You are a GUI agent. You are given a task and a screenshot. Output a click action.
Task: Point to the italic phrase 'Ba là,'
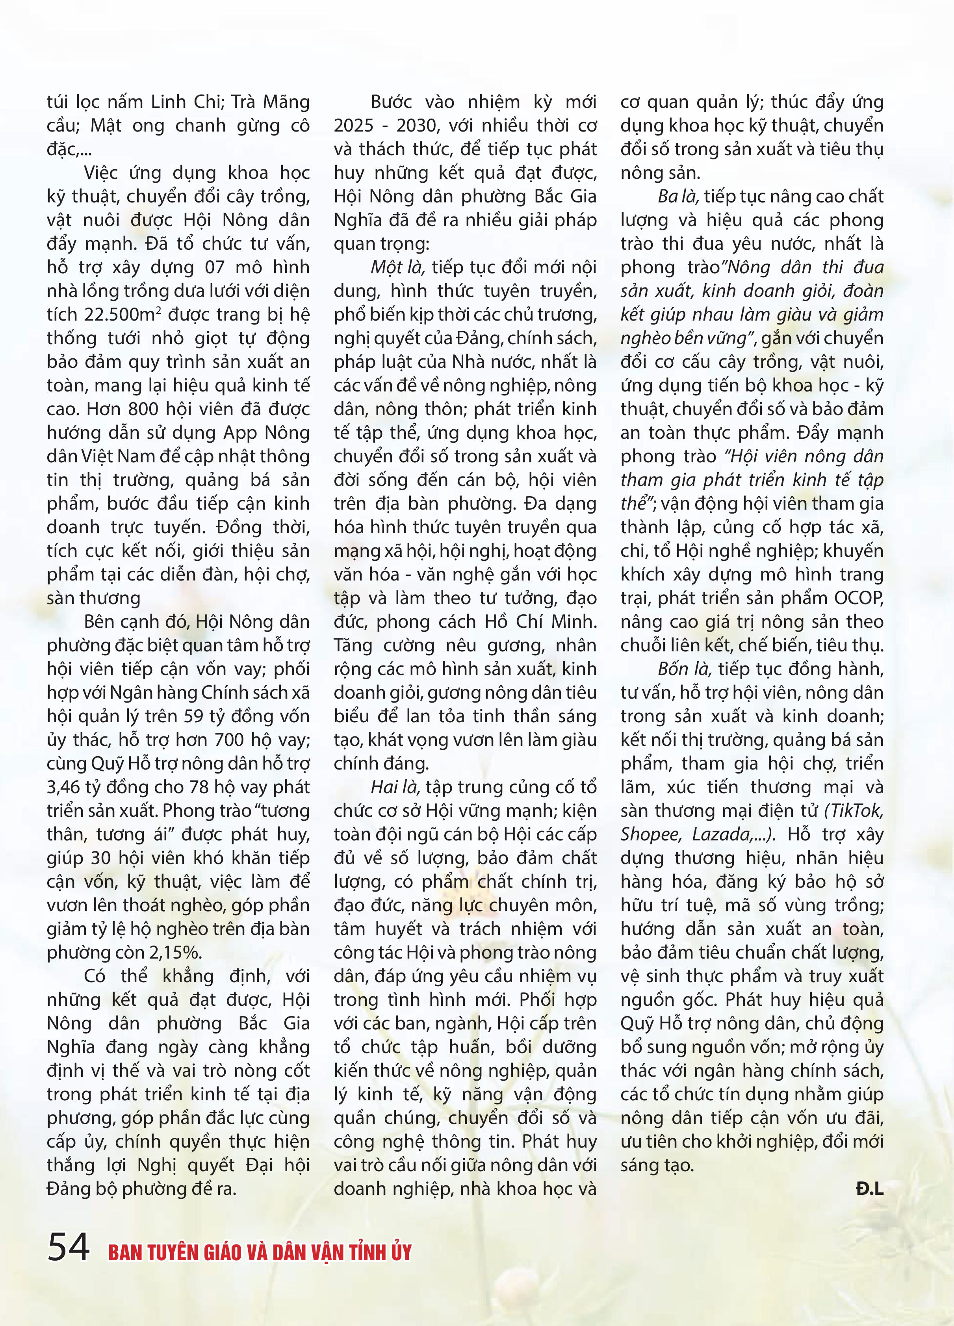678,197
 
